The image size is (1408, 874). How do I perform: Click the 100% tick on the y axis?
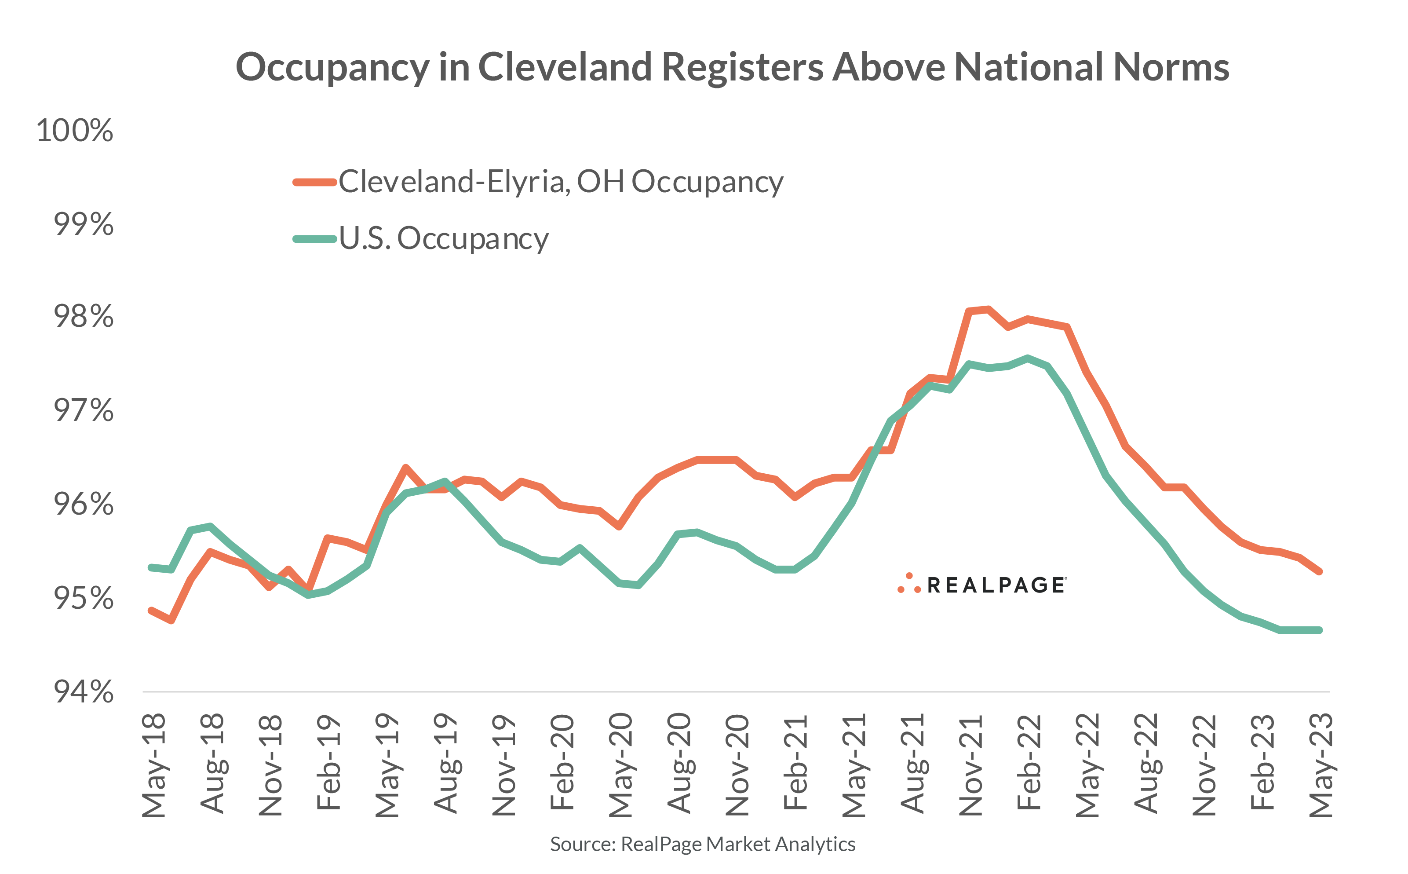point(74,131)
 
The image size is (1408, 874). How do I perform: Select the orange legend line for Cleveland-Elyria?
point(314,183)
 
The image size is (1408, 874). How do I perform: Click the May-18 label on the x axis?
point(154,765)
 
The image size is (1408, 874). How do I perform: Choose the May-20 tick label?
point(620,765)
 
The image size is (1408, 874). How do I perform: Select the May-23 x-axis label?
point(1321,765)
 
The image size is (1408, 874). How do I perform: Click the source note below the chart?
point(703,845)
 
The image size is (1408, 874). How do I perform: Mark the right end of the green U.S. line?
point(1320,630)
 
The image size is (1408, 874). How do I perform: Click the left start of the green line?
point(151,567)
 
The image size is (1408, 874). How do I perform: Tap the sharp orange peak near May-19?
point(405,467)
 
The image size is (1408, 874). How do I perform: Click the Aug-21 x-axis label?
point(912,763)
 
